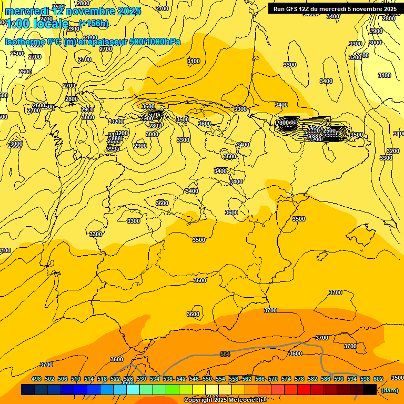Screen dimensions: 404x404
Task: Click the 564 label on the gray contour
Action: tap(225, 354)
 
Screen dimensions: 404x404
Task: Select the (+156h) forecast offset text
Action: tap(94, 23)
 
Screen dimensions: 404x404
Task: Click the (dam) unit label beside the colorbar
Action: tap(389, 390)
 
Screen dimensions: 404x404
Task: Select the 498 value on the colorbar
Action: tap(36, 379)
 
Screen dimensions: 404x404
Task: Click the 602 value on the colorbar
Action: tap(378, 379)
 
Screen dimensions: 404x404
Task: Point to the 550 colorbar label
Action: tap(207, 379)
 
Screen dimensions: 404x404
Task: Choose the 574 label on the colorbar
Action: tap(286, 379)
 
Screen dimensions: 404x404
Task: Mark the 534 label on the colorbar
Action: tap(155, 379)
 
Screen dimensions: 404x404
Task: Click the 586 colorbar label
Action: tap(326, 379)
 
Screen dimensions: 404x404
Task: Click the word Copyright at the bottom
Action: tap(198, 400)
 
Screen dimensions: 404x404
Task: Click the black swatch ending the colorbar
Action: tap(370, 390)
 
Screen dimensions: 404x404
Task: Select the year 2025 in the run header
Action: tap(389, 9)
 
